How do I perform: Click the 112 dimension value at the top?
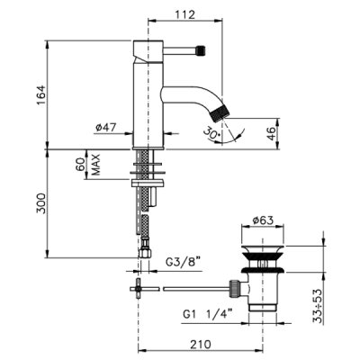pyautogui.click(x=185, y=14)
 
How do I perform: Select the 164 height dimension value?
pyautogui.click(x=40, y=95)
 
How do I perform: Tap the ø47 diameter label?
pyautogui.click(x=105, y=127)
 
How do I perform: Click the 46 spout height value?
pyautogui.click(x=271, y=133)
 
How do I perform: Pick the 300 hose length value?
pyautogui.click(x=40, y=203)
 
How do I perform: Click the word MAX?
pyautogui.click(x=95, y=165)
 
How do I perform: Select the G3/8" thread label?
pyautogui.click(x=183, y=263)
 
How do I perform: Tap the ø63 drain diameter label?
pyautogui.click(x=263, y=220)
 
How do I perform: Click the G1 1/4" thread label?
pyautogui.click(x=208, y=315)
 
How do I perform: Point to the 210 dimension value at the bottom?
pyautogui.click(x=201, y=345)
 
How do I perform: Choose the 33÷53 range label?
pyautogui.click(x=318, y=306)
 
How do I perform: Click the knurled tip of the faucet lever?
pyautogui.click(x=201, y=50)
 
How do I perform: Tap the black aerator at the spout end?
pyautogui.click(x=220, y=112)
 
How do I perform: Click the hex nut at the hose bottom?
pyautogui.click(x=144, y=252)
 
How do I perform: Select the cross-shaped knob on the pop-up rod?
pyautogui.click(x=138, y=289)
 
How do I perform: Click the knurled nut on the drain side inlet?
pyautogui.click(x=235, y=289)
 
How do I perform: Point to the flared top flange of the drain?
pyautogui.click(x=263, y=249)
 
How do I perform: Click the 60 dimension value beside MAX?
pyautogui.click(x=81, y=165)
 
